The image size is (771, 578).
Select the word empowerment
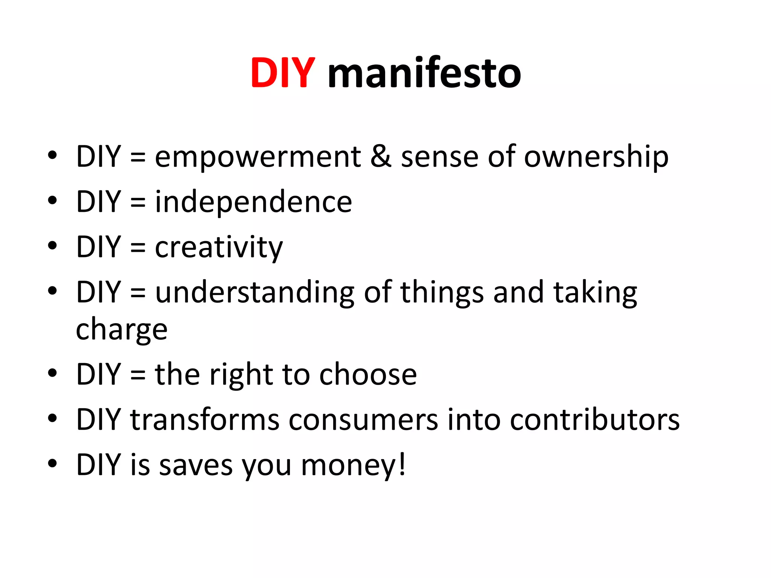(x=258, y=157)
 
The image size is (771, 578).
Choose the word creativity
(x=219, y=248)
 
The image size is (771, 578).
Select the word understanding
(x=255, y=293)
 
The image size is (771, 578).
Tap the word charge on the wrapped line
(x=122, y=330)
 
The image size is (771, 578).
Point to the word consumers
(x=363, y=420)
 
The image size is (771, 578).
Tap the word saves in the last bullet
(x=195, y=466)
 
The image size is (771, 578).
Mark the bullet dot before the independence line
(x=52, y=200)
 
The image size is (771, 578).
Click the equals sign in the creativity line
(x=138, y=248)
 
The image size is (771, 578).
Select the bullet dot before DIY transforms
(x=52, y=418)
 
